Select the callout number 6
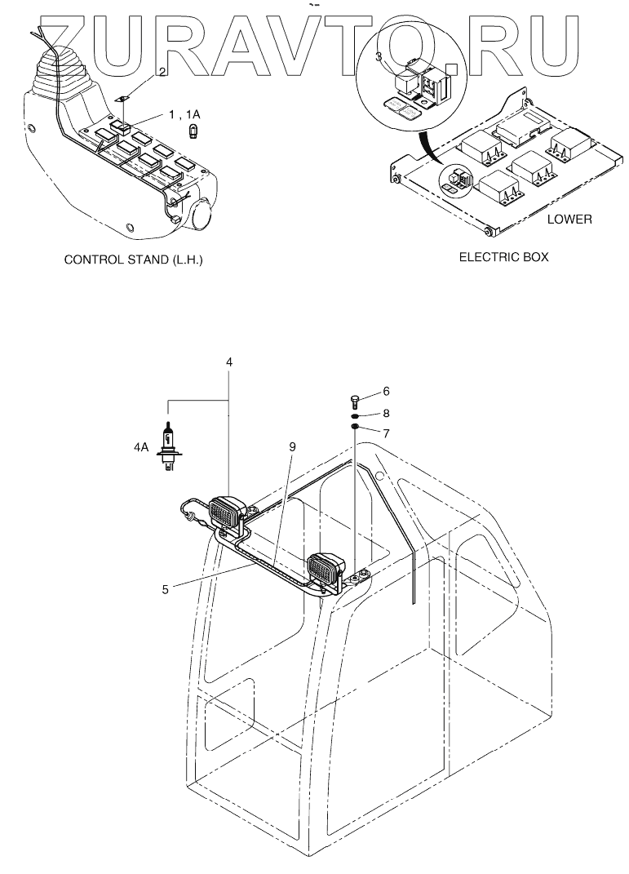tap(386, 391)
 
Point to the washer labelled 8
tap(356, 415)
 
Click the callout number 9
tap(291, 446)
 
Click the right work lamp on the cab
tap(327, 568)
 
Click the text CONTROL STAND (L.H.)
tap(133, 260)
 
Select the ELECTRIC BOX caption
tap(503, 257)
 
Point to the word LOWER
tap(569, 219)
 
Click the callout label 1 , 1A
tap(184, 114)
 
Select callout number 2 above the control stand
tap(162, 72)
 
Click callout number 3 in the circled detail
tap(379, 56)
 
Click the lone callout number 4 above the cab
tap(229, 361)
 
